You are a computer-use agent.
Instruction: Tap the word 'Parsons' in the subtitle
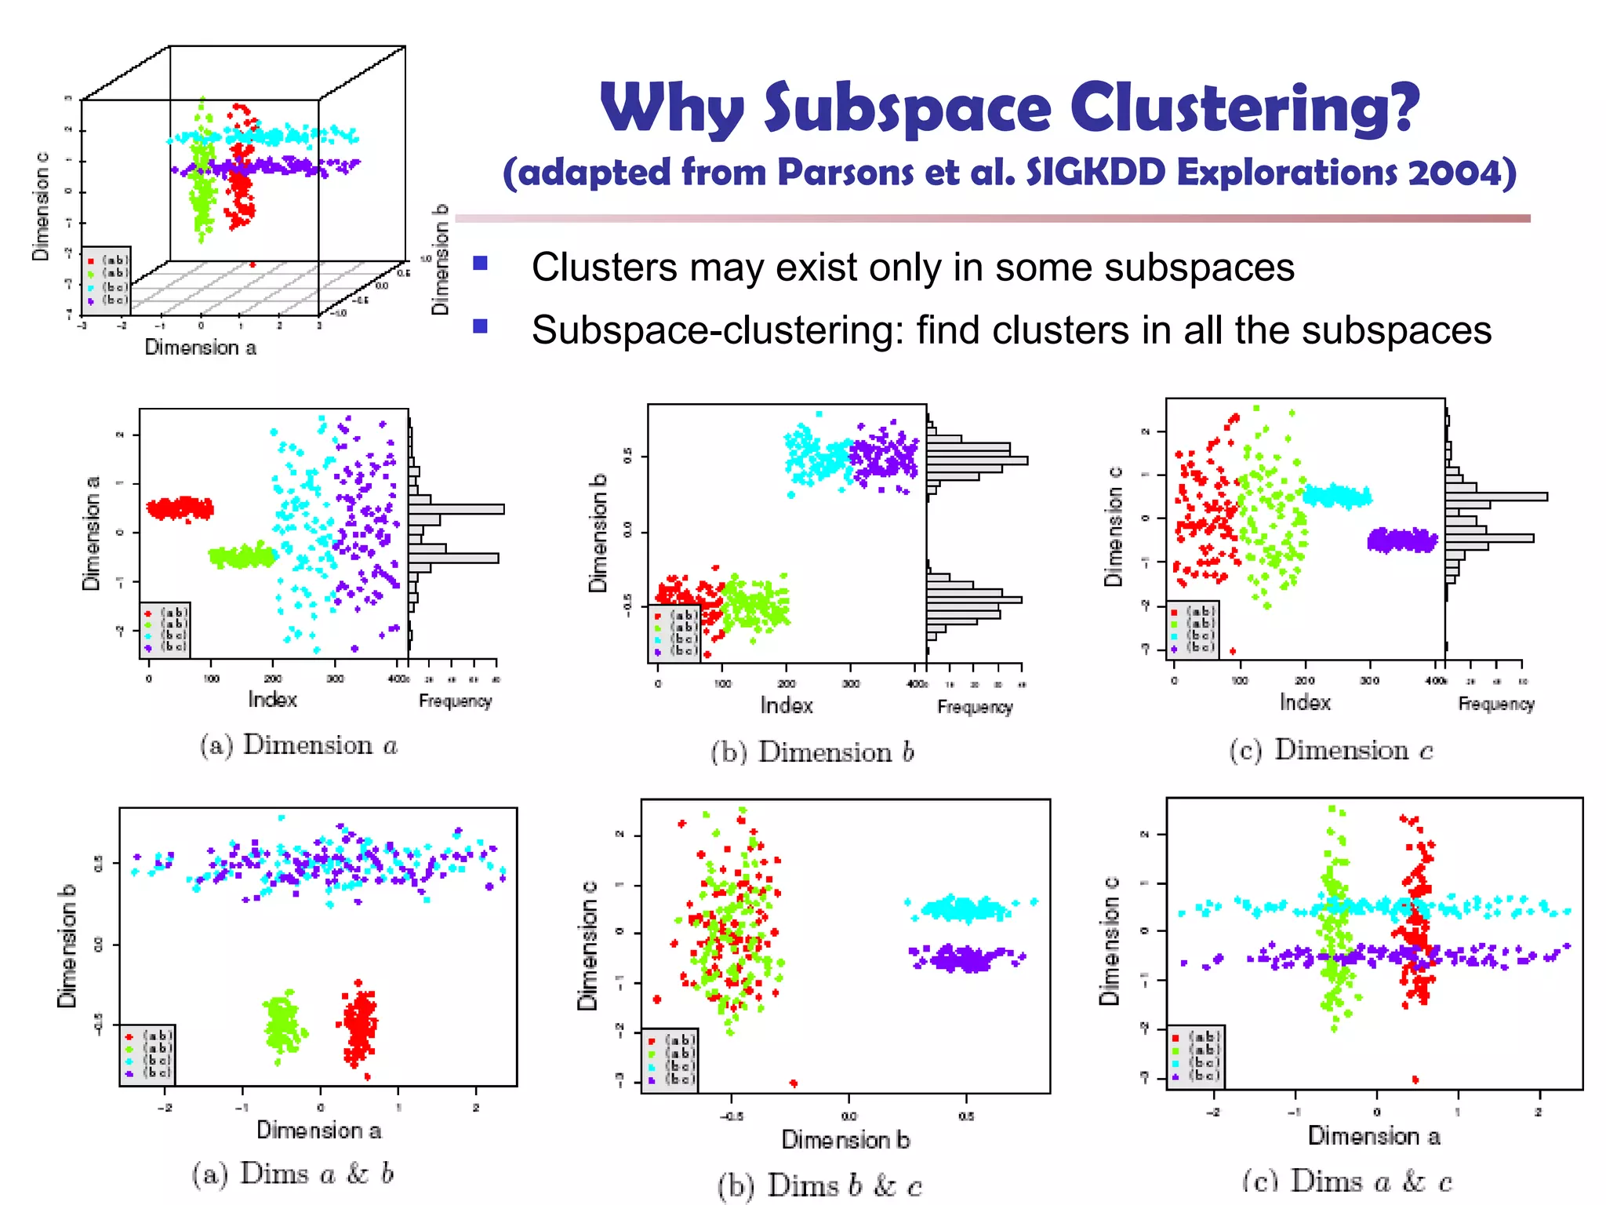846,173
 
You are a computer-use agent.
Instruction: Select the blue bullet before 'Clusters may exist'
481,264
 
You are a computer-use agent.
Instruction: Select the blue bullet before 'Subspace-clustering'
481,326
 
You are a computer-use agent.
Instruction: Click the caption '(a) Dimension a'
299,745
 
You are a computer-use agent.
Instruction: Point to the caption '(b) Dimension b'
812,752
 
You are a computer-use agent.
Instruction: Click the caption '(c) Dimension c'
1331,750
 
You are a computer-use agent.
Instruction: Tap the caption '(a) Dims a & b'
292,1174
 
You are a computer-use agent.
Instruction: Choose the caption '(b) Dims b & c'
819,1185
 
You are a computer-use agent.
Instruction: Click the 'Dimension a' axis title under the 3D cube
200,348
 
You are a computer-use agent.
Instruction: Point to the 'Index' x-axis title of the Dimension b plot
786,705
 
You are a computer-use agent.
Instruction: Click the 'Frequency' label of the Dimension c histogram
1495,704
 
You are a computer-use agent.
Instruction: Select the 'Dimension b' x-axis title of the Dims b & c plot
845,1139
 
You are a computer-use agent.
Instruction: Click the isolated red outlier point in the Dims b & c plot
794,1083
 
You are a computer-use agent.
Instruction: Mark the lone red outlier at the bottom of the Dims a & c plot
1415,1079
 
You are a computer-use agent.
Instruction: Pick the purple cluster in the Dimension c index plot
1402,541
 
